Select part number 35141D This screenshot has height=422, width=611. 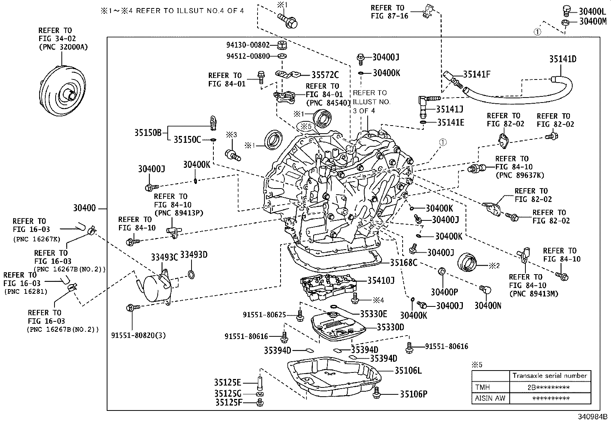(x=563, y=59)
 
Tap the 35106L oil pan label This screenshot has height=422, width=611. (x=408, y=371)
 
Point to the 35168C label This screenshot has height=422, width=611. (x=404, y=263)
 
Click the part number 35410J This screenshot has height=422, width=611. (x=381, y=281)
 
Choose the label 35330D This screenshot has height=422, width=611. (x=390, y=327)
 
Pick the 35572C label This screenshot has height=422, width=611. (x=325, y=75)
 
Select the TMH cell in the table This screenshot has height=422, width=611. (x=483, y=387)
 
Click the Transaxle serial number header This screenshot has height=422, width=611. (x=550, y=376)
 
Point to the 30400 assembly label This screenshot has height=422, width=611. (x=84, y=209)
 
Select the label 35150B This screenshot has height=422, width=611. (x=148, y=133)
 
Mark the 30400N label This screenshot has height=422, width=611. (x=487, y=306)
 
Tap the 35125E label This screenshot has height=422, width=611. (x=227, y=382)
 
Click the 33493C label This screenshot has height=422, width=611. (x=164, y=257)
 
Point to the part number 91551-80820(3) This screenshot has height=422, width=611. (x=139, y=335)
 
